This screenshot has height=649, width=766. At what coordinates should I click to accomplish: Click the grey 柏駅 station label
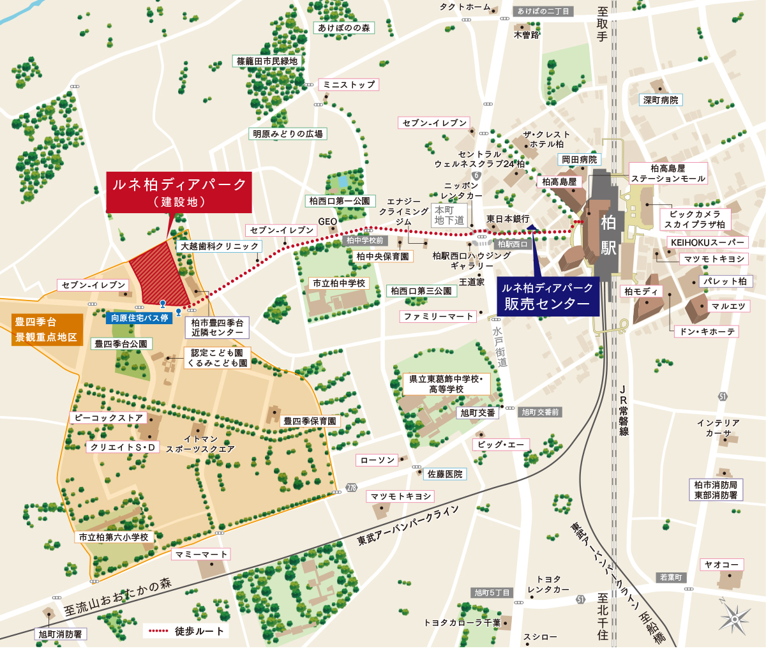608,234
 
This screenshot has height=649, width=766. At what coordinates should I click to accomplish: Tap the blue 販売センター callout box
547,297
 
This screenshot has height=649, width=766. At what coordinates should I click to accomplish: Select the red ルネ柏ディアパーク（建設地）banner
179,192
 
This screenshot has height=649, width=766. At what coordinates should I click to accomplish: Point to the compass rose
734,618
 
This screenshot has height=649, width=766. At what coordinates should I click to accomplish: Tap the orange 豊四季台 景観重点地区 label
46,330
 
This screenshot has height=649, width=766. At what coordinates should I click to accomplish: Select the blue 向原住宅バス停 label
139,318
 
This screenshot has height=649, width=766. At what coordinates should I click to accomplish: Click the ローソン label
378,460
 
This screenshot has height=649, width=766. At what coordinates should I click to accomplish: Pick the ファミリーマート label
439,317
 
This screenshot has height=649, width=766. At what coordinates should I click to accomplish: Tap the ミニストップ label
349,84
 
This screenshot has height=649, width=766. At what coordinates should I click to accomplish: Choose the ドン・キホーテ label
707,332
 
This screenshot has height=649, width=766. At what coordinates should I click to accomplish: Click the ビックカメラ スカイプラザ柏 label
695,219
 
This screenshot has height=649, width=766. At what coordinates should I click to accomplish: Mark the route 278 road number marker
352,488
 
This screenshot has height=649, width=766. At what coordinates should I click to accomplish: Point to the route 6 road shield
476,175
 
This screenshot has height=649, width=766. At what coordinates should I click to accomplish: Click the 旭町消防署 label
60,634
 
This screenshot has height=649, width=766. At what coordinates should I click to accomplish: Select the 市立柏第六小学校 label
114,537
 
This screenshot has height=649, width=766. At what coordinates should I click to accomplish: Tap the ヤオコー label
721,565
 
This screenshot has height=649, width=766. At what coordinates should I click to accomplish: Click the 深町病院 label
661,100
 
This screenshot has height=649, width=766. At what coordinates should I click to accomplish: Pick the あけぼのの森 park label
344,28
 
